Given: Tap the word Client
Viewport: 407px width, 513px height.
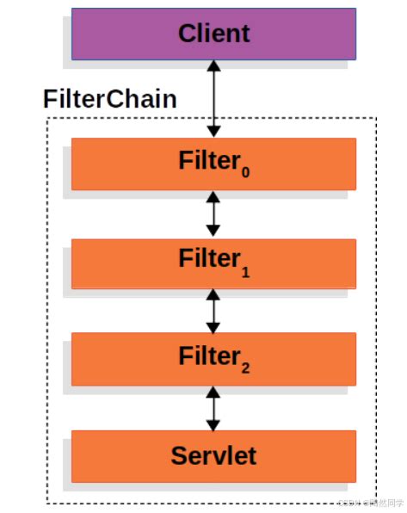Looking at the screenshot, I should (x=213, y=34).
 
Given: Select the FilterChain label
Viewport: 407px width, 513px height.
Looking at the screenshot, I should (x=110, y=98).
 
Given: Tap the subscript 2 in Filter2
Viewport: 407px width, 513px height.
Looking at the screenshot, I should (x=245, y=368).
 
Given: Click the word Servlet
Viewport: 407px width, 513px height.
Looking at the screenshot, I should (x=213, y=455).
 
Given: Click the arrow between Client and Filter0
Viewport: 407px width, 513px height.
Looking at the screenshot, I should (x=213, y=99).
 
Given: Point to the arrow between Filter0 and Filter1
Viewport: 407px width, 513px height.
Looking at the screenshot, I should (x=213, y=214).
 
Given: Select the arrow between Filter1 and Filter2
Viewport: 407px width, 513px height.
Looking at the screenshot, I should (x=213, y=311).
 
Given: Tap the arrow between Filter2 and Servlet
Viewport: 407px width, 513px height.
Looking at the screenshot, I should (x=213, y=408).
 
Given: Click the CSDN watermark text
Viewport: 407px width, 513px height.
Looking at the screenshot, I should (x=370, y=502).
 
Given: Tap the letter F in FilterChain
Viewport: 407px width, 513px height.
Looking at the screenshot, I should (x=50, y=99).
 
